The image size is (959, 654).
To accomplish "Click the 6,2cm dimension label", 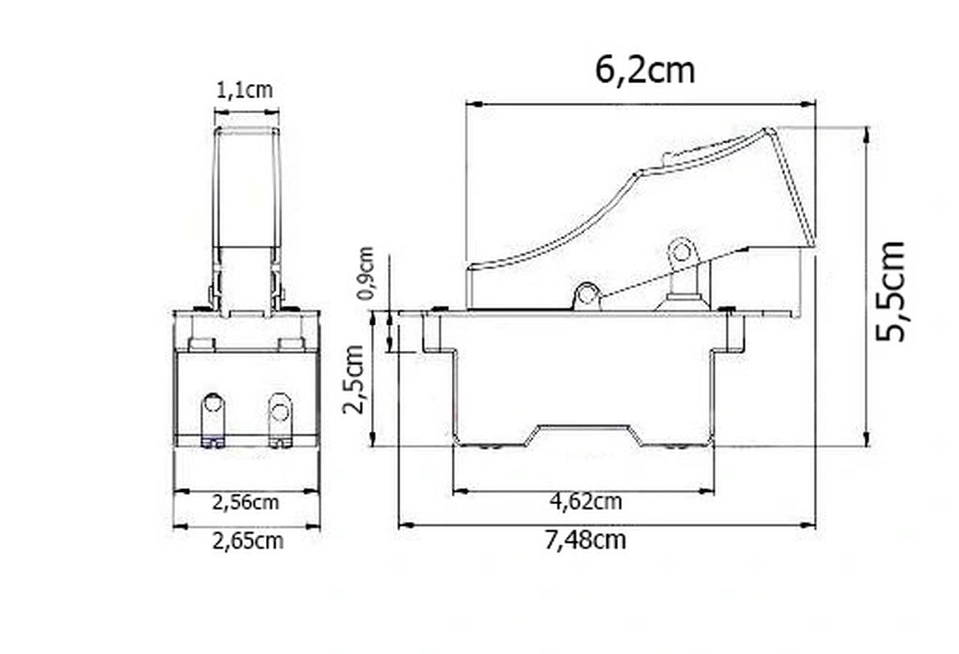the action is click(x=645, y=71).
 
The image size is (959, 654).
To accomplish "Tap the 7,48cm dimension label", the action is click(x=585, y=541).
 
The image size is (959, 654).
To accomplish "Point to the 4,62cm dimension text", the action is click(x=586, y=502).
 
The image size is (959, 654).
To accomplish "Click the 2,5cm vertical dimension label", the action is click(x=353, y=379).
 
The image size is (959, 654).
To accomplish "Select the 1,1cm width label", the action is click(x=244, y=91).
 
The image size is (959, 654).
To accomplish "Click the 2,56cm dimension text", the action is click(x=246, y=502).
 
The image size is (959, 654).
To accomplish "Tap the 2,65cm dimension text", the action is click(x=248, y=541).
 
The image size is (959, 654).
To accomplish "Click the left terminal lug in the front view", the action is click(x=213, y=419).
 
